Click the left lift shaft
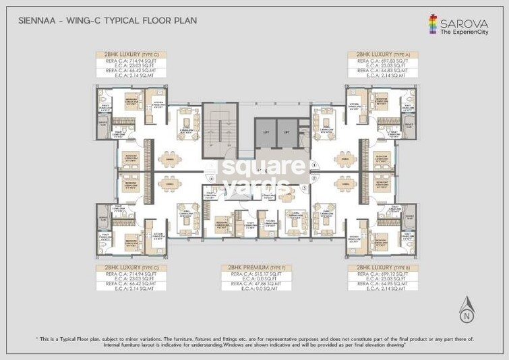point(265,132)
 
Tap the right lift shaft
point(287,132)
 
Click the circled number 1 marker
point(314,164)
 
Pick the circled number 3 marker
point(305,188)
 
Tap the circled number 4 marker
point(211,179)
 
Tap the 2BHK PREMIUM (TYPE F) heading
point(255,268)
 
